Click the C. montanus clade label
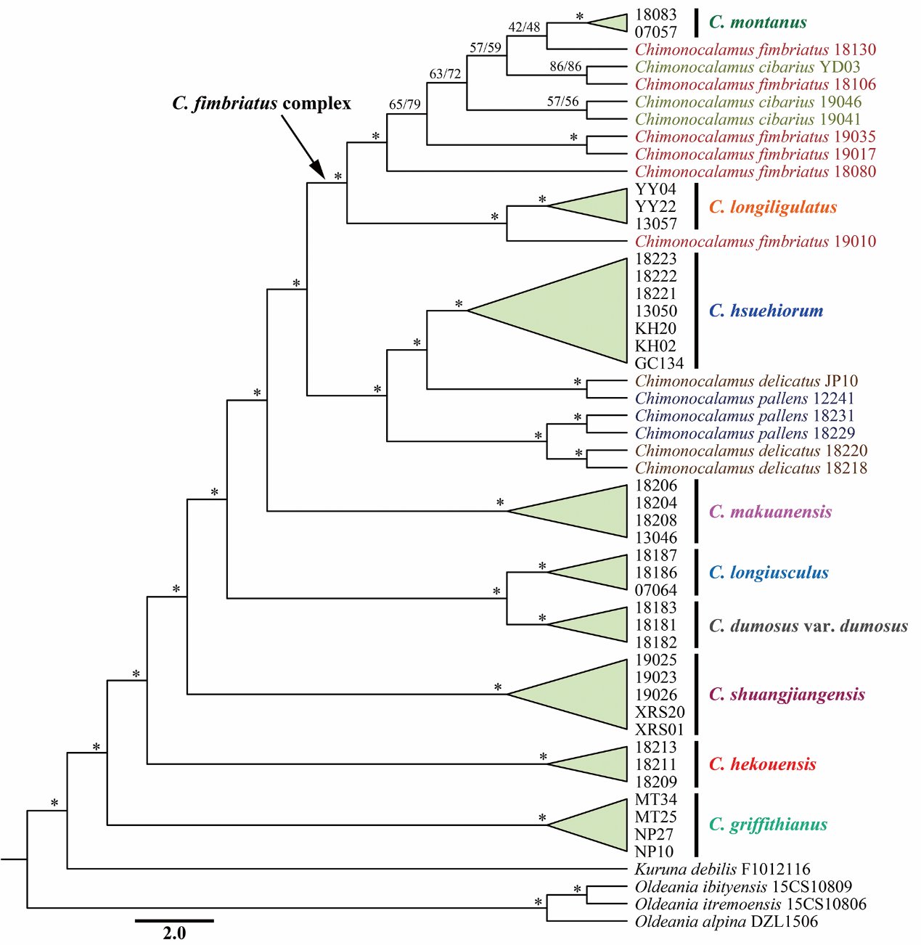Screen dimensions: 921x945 tap(758, 22)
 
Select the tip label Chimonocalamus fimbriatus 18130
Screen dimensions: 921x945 tap(756, 49)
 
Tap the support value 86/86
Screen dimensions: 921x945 tap(565, 66)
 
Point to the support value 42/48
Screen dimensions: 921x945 tap(524, 28)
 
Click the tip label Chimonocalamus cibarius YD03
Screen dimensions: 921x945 tap(748, 67)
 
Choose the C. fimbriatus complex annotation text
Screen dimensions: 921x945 tap(261, 104)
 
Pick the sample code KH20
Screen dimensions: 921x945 tap(655, 328)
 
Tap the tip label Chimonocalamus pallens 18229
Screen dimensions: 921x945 tap(745, 433)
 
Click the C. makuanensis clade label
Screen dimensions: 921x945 tap(771, 512)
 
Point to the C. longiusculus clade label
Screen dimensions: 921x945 tap(769, 573)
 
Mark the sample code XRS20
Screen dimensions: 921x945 tap(660, 712)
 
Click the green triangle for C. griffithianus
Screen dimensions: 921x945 tap(587, 825)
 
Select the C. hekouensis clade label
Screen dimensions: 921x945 tap(762, 764)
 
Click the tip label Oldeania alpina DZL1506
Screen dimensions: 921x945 tap(726, 921)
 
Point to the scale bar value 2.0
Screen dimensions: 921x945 tap(174, 933)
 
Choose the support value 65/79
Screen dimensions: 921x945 tap(405, 105)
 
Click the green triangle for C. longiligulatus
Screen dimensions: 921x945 tap(587, 206)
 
